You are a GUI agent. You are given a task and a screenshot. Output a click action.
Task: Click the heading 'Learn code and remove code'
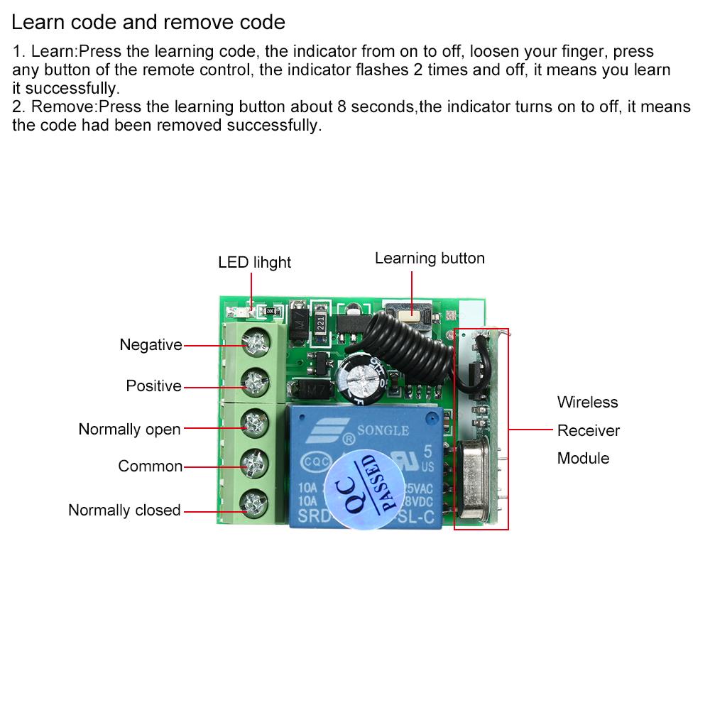pyautogui.click(x=148, y=23)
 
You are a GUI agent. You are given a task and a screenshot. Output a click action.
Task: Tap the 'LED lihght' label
pyautogui.click(x=254, y=263)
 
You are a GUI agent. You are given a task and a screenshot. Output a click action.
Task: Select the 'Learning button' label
pyautogui.click(x=430, y=258)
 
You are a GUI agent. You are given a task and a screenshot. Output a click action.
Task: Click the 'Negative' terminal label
pyautogui.click(x=151, y=345)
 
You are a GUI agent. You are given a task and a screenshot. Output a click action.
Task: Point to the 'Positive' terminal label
pyautogui.click(x=153, y=386)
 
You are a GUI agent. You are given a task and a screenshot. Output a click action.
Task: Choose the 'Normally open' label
pyautogui.click(x=129, y=430)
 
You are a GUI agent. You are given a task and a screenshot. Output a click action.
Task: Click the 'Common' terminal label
pyautogui.click(x=150, y=466)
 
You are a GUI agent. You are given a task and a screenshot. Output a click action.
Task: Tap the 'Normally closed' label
pyautogui.click(x=124, y=510)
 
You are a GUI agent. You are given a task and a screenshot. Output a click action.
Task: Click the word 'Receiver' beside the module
pyautogui.click(x=588, y=431)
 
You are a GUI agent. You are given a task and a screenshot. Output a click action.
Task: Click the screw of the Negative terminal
pyautogui.click(x=252, y=344)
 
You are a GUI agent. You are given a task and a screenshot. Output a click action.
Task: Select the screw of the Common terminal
pyautogui.click(x=252, y=464)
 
